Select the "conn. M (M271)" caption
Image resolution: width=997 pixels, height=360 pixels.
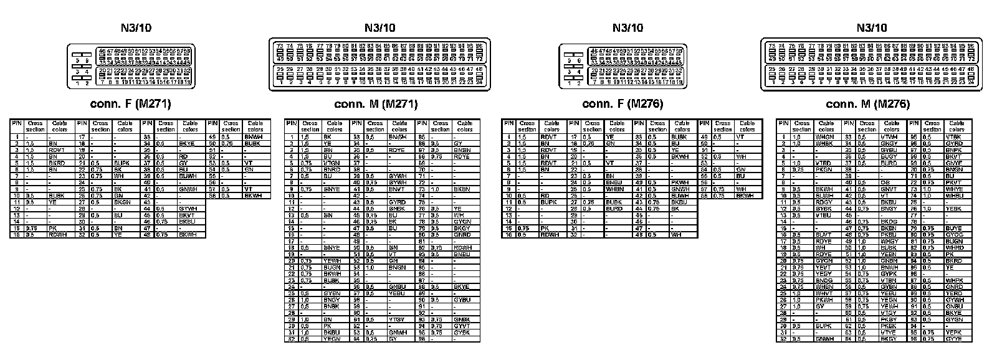(x=375, y=104)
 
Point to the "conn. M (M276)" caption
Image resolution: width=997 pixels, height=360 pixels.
(x=868, y=104)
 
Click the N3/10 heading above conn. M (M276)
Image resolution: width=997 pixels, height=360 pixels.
(x=871, y=27)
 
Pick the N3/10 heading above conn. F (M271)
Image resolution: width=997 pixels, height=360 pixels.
(x=136, y=27)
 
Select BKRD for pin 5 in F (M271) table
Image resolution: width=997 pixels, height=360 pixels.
(x=57, y=163)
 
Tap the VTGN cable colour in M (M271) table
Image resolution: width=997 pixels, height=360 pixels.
(x=332, y=163)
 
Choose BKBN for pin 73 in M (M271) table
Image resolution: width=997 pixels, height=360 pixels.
(x=462, y=189)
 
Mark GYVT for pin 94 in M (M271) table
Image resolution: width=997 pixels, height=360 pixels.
(x=462, y=326)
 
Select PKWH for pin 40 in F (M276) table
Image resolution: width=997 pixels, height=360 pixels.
(x=680, y=182)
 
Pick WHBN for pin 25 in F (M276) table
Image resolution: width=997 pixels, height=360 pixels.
(x=614, y=189)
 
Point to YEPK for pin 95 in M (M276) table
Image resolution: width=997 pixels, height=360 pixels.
(x=953, y=333)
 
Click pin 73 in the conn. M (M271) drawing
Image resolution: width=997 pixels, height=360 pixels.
(x=280, y=47)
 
